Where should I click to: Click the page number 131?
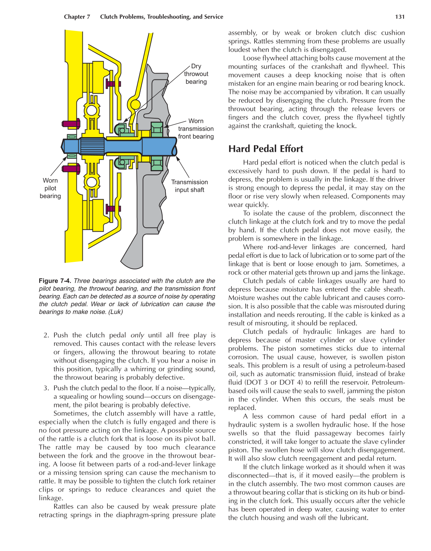(400, 17)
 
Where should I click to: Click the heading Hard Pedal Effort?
(265, 149)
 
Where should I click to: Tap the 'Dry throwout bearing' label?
(196, 74)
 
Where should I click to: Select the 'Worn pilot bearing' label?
(50, 188)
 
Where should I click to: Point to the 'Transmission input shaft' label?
(189, 186)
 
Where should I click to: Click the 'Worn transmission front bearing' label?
(196, 129)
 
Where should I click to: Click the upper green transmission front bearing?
(157, 129)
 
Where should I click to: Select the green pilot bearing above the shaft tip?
(72, 137)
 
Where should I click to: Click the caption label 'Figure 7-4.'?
(55, 281)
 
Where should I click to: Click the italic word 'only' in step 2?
(137, 335)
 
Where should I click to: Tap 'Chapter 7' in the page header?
(77, 17)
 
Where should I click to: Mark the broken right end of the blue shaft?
(174, 146)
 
